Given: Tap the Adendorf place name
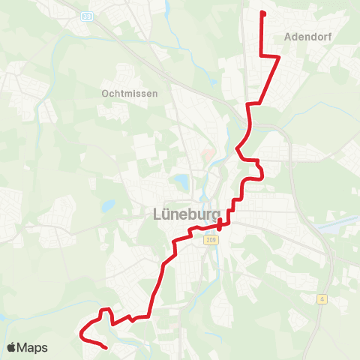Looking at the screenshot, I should tap(308, 35).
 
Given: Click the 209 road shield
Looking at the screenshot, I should tap(209, 240).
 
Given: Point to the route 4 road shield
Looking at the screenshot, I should tap(322, 298).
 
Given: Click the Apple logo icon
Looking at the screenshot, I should tap(12, 347).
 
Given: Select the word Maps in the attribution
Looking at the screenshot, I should tap(33, 347).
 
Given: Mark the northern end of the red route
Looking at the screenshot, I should tap(261, 13).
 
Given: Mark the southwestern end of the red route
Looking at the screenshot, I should tap(106, 348).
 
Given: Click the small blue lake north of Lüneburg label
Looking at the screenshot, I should tap(181, 181).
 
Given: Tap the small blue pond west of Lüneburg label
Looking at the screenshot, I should tap(109, 205).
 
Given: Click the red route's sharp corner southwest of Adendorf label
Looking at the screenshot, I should tap(260, 56).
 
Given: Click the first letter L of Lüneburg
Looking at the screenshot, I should tap(148, 214).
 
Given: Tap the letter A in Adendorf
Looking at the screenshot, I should tap(289, 35).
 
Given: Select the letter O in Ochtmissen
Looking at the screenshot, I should tap(104, 94).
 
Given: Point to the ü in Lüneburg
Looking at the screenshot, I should tap(157, 214).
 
